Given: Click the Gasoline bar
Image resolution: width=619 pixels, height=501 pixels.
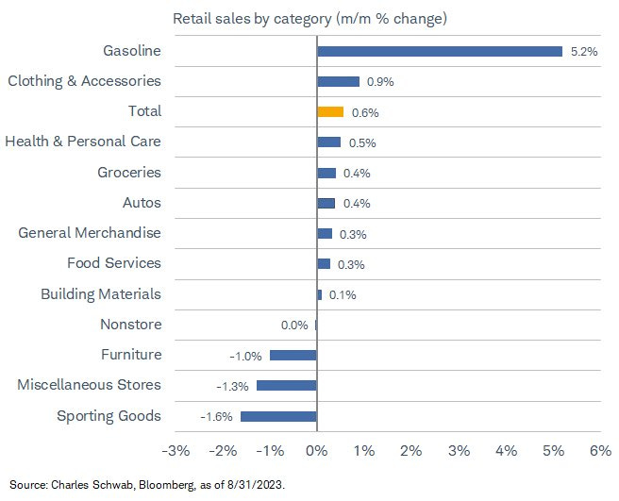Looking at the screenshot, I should [x=439, y=51].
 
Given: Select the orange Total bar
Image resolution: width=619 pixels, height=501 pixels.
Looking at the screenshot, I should [x=330, y=111].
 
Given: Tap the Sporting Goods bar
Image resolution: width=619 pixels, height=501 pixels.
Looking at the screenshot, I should [x=278, y=416].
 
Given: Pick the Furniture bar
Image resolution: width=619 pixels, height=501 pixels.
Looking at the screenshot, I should [x=293, y=355].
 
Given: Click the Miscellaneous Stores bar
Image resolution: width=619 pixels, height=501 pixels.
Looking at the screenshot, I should [x=286, y=385].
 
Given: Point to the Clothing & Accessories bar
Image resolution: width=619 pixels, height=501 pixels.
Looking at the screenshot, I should [x=338, y=81].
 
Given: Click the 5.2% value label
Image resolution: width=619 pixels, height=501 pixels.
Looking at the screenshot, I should [x=584, y=52].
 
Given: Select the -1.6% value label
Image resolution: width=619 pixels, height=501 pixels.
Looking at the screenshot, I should [x=216, y=417].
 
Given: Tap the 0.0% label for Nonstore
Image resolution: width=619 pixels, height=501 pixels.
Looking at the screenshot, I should [x=294, y=326].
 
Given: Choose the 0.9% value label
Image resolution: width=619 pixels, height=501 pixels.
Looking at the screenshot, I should [x=380, y=82].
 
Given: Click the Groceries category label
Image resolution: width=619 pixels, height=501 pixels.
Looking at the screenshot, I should [x=129, y=173].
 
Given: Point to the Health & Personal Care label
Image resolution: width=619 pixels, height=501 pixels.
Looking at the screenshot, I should [x=83, y=142].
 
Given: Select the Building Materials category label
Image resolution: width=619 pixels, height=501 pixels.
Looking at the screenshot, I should [x=101, y=294].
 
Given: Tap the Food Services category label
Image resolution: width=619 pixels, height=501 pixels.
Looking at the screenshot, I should [x=114, y=263].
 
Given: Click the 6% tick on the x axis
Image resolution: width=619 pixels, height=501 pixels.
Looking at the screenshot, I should [x=600, y=451].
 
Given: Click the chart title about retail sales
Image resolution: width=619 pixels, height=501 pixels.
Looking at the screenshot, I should [x=309, y=19].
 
